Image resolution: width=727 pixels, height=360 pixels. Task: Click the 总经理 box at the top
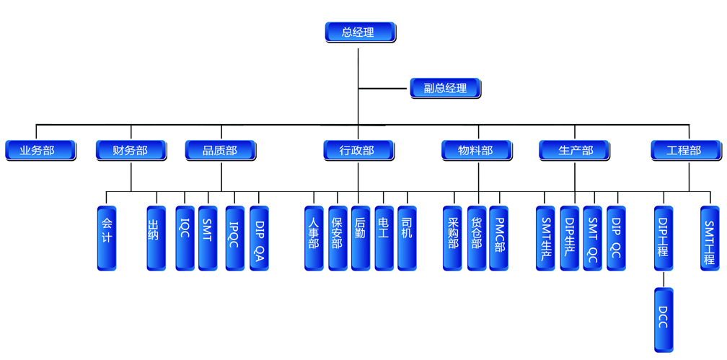click(359, 32)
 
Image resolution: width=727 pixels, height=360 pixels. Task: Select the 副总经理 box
click(445, 88)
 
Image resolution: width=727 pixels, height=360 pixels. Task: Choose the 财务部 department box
click(131, 150)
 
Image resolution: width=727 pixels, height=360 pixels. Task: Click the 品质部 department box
click(221, 150)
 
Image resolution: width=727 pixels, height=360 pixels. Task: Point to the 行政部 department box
click(358, 150)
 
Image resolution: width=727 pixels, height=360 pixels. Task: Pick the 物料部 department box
click(477, 150)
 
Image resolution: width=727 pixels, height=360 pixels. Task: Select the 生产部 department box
click(575, 150)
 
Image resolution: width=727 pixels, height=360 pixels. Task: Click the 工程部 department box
click(685, 150)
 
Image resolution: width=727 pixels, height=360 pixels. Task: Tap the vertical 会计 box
click(107, 238)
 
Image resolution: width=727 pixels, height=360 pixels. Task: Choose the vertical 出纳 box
click(156, 238)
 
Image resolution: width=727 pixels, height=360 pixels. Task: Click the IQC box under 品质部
click(185, 238)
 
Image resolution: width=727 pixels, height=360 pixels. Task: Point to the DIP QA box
click(259, 238)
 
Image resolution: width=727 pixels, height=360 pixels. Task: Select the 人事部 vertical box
click(314, 238)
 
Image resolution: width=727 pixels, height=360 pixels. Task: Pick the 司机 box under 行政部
click(407, 238)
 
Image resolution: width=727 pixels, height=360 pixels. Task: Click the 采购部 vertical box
click(453, 238)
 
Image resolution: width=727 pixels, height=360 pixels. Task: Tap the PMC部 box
click(499, 238)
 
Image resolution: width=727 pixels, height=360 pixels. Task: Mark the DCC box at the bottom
click(664, 319)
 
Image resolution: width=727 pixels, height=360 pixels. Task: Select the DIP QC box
click(616, 238)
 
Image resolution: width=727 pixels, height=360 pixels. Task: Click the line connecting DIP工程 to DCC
click(664, 279)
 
